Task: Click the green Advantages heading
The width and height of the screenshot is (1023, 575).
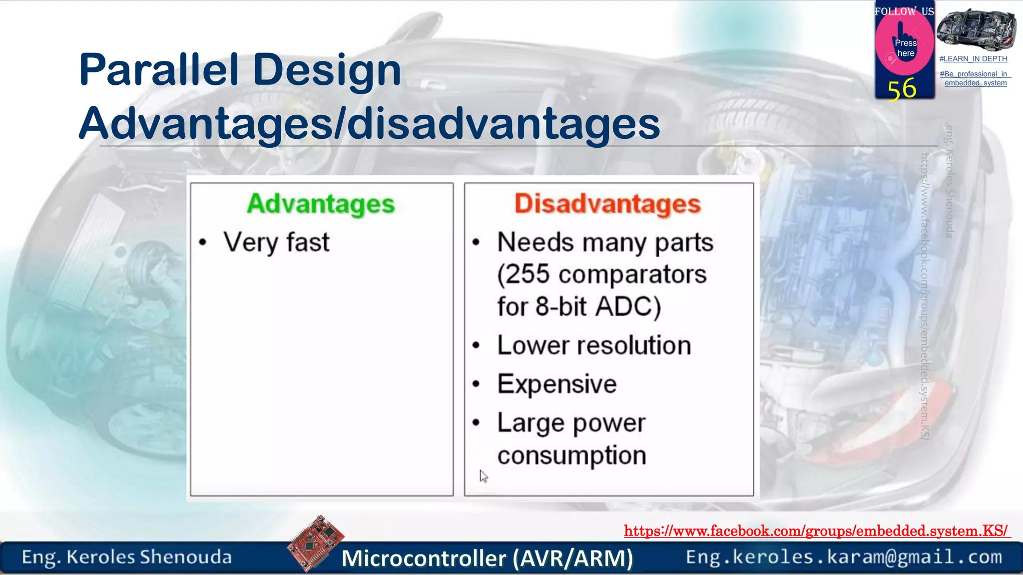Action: tap(321, 204)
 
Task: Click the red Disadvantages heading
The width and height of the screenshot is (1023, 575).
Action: tap(607, 204)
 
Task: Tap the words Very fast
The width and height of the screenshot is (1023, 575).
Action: tap(276, 243)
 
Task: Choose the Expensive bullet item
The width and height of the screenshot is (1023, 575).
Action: tap(557, 384)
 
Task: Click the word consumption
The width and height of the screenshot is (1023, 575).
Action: tap(572, 455)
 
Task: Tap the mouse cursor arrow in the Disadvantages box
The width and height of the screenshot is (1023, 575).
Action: tap(483, 476)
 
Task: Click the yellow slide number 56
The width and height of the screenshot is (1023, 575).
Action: tap(902, 89)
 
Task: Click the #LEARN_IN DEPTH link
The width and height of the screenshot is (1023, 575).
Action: tap(973, 59)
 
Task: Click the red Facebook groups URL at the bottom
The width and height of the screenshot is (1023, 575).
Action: tap(816, 531)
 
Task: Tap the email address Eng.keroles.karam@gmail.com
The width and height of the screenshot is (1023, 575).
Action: tap(844, 557)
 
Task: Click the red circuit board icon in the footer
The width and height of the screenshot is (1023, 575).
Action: tap(316, 543)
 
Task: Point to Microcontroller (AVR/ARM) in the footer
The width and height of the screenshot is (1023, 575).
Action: tap(487, 559)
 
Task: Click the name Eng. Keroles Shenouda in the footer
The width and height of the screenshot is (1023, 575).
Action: tap(127, 557)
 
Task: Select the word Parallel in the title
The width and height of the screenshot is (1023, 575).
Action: tap(159, 70)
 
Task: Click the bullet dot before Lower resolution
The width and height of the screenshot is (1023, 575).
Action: tap(476, 345)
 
